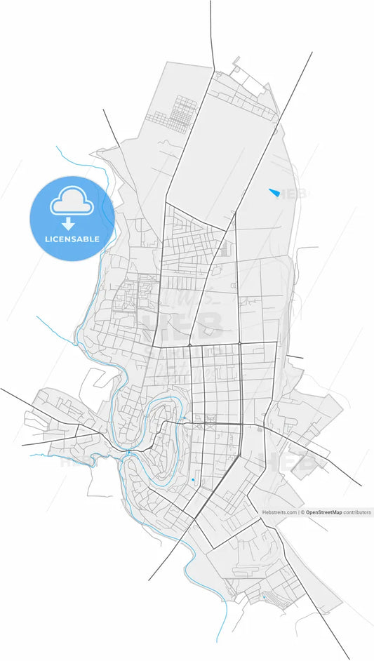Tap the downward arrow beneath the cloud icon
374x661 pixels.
[x=69, y=224]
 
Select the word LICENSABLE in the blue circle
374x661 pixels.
[x=72, y=239]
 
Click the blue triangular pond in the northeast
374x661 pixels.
[x=274, y=192]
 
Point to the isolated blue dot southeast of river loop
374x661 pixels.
[x=192, y=479]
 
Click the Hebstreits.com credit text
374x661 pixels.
[x=279, y=512]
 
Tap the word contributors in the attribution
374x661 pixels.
[x=357, y=512]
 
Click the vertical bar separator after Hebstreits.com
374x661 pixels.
[x=299, y=512]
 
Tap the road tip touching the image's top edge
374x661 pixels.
[x=211, y=3]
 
